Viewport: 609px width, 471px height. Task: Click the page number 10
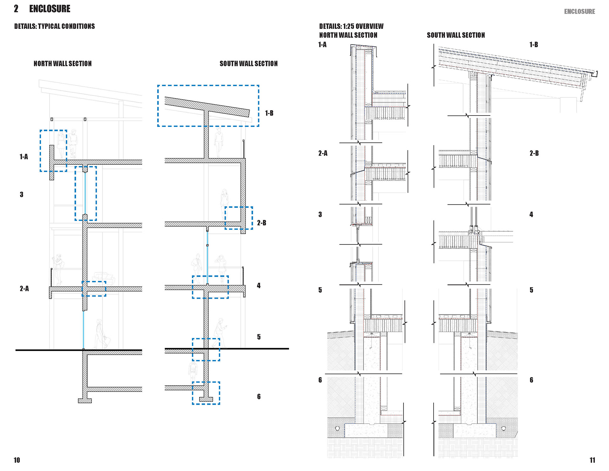pyautogui.click(x=17, y=460)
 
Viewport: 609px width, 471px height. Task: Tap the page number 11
pyautogui.click(x=592, y=460)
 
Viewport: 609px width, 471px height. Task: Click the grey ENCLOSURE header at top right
pyautogui.click(x=579, y=11)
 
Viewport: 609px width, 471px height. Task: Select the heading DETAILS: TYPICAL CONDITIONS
pyautogui.click(x=54, y=26)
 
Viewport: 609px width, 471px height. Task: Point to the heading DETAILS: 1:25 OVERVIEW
pyautogui.click(x=351, y=26)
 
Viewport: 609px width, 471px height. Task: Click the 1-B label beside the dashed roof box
pyautogui.click(x=269, y=113)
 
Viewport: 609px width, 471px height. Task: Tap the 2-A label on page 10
pyautogui.click(x=24, y=289)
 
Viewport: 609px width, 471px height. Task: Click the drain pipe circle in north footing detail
pyautogui.click(x=337, y=428)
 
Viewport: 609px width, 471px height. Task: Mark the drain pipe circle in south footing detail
pyautogui.click(x=503, y=428)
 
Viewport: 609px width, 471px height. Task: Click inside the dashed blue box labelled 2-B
pyautogui.click(x=239, y=218)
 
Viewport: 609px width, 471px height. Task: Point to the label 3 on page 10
pyautogui.click(x=22, y=195)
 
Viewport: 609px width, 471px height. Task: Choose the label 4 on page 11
pyautogui.click(x=531, y=215)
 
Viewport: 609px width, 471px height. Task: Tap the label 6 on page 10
pyautogui.click(x=259, y=396)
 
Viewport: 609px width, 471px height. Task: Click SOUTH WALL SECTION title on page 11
pyautogui.click(x=455, y=35)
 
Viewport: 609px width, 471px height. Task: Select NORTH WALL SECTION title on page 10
pyautogui.click(x=62, y=63)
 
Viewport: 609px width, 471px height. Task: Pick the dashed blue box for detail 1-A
pyautogui.click(x=53, y=151)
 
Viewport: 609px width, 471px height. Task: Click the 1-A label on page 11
pyautogui.click(x=322, y=45)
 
